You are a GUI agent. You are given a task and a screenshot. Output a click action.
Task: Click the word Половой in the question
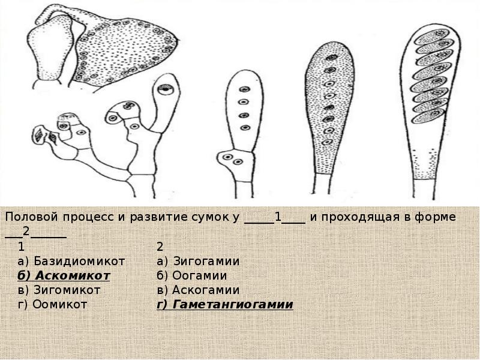coord(32,217)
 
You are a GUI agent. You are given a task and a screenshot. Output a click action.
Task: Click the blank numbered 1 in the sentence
coord(275,217)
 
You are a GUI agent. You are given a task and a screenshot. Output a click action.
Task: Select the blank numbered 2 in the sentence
coord(35,232)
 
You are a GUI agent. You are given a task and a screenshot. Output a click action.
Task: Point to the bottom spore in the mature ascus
coord(428,116)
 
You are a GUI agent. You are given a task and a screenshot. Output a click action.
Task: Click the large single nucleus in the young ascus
coord(166,89)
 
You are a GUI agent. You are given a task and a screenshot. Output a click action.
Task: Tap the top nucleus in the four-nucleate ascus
coord(244,89)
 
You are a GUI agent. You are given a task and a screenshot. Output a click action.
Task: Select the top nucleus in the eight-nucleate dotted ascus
coord(331,57)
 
